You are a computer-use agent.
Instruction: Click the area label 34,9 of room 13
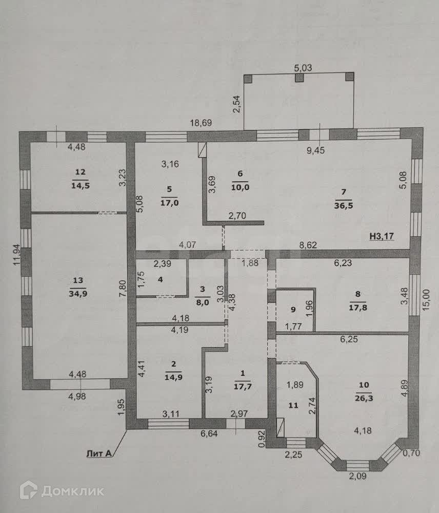pyautogui.click(x=78, y=293)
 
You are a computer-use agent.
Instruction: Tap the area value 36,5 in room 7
pyautogui.click(x=344, y=204)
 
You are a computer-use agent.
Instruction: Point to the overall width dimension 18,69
pyautogui.click(x=202, y=123)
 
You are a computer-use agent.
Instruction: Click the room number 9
pyautogui.click(x=293, y=310)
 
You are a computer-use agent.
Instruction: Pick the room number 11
pyautogui.click(x=293, y=405)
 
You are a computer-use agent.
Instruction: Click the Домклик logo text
pyautogui.click(x=72, y=491)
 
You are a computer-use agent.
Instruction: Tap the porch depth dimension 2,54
pyautogui.click(x=236, y=104)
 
